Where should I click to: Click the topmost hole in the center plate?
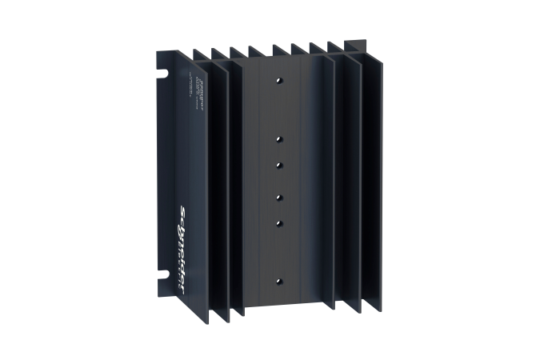pos(279,81)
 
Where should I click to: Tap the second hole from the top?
pos(279,138)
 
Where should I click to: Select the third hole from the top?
pos(279,164)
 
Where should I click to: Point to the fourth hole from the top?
pos(279,196)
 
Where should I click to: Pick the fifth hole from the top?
pos(279,222)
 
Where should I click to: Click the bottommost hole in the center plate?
pos(279,280)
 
